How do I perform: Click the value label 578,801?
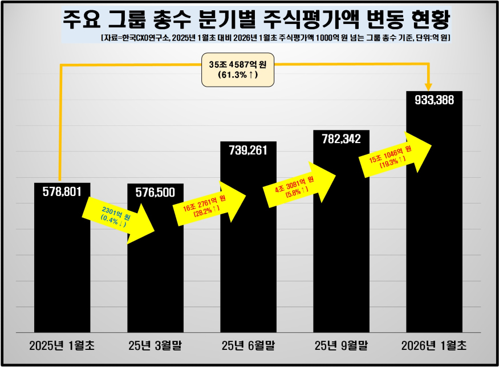(62, 191)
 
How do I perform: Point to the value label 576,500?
(155, 193)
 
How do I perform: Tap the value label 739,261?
(248, 150)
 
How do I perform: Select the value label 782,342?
(341, 138)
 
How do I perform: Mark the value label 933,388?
(434, 100)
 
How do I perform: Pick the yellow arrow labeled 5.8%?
(300, 183)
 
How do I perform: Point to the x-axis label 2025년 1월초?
(62, 345)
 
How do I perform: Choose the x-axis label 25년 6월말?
(248, 345)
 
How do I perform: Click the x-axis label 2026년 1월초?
(434, 345)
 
